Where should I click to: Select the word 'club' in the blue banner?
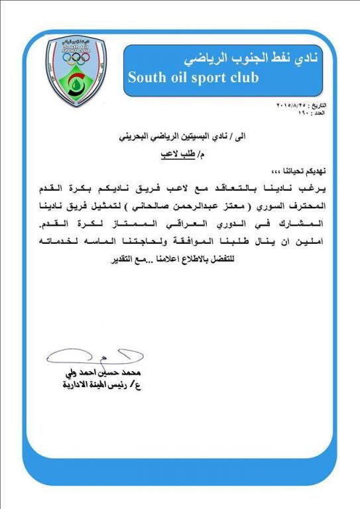244,78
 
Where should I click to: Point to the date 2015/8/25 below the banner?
292,106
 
